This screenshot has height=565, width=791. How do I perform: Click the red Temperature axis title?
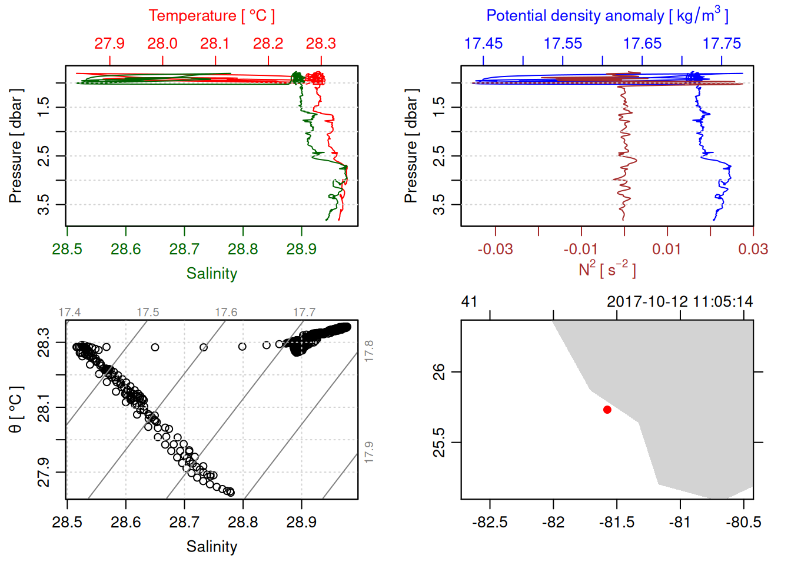pyautogui.click(x=211, y=16)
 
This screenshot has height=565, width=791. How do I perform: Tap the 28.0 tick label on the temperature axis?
pyautogui.click(x=162, y=44)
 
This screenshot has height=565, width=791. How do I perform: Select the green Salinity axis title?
pyautogui.click(x=211, y=274)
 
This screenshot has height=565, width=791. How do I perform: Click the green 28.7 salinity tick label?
pyautogui.click(x=184, y=250)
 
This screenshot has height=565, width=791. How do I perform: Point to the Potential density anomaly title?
pyautogui.click(x=607, y=16)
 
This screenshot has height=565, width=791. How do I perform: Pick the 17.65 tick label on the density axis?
pyautogui.click(x=642, y=44)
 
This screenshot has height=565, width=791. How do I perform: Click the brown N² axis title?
pyautogui.click(x=607, y=270)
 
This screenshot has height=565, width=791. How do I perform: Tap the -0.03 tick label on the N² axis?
pyautogui.click(x=495, y=250)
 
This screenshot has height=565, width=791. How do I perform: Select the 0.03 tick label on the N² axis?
pyautogui.click(x=753, y=250)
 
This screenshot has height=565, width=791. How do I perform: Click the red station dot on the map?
pyautogui.click(x=607, y=410)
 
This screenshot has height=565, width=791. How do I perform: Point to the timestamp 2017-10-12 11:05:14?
pyautogui.click(x=680, y=302)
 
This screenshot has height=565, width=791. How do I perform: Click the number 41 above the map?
pyautogui.click(x=469, y=302)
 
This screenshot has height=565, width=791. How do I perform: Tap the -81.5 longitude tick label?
pyautogui.click(x=617, y=523)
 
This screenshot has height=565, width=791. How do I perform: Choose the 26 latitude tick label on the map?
pyautogui.click(x=439, y=372)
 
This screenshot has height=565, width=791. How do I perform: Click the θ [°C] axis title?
pyautogui.click(x=16, y=410)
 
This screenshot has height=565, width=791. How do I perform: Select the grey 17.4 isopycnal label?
pyautogui.click(x=69, y=313)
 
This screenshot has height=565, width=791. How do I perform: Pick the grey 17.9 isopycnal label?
pyautogui.click(x=369, y=452)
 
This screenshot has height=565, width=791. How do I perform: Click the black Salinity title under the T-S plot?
pyautogui.click(x=211, y=547)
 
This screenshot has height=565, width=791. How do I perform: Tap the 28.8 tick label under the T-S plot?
pyautogui.click(x=243, y=523)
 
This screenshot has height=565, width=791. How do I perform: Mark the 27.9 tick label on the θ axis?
pyautogui.click(x=44, y=472)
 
